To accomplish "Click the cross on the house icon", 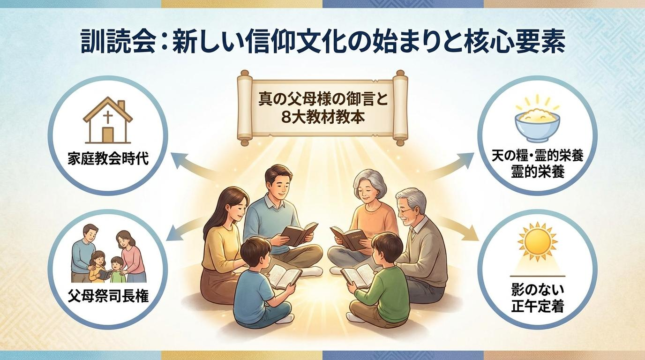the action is point(108,118).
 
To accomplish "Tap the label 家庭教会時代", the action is point(108,158).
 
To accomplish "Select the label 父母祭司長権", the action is point(108,296).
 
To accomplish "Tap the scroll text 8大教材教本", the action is point(322,117).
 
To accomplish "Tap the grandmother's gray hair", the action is point(370,183).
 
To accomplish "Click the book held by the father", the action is point(299,233).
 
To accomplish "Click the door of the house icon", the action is point(108,135).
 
